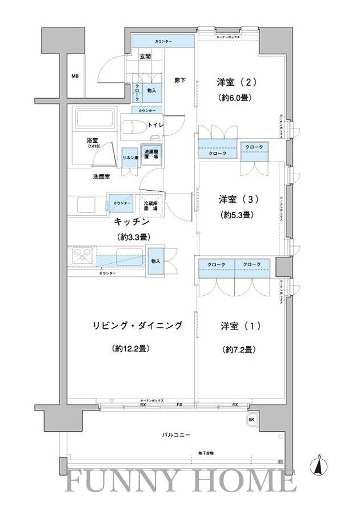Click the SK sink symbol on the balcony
tap(251, 420)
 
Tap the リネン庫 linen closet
tap(130, 157)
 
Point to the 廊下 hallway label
tap(179, 81)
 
